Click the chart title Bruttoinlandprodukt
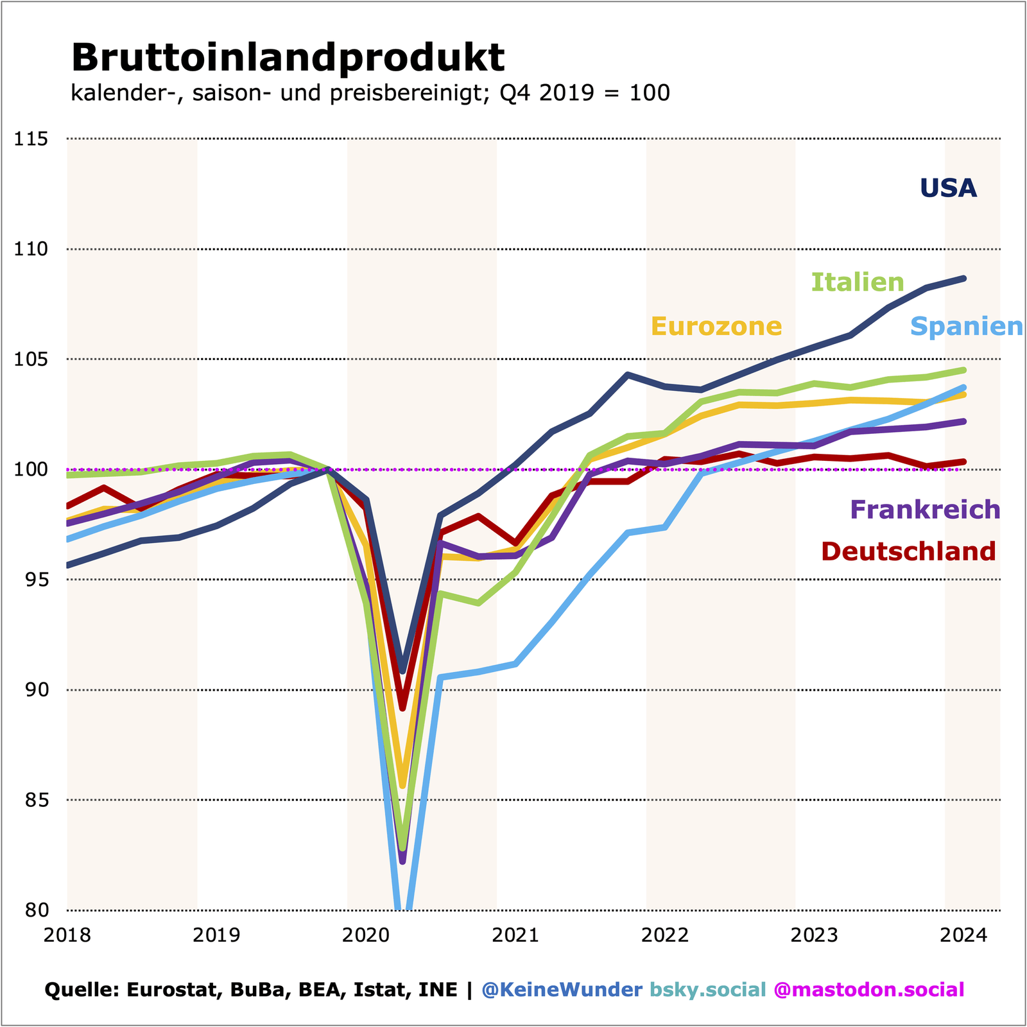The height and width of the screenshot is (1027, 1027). (288, 58)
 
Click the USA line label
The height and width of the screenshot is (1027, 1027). (948, 188)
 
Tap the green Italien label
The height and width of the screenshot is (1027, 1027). (858, 282)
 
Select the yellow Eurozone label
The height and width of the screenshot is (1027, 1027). (716, 327)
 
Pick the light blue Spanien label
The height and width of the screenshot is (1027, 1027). (966, 327)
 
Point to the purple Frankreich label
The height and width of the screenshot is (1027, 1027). (925, 510)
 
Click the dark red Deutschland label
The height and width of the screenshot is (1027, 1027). (908, 551)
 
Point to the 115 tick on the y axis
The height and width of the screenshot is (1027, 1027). (31, 139)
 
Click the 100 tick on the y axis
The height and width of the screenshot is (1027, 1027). (31, 469)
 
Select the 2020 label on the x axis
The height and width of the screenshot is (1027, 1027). (366, 935)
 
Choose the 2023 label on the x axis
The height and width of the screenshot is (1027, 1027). (814, 935)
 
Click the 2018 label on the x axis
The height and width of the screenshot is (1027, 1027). (67, 935)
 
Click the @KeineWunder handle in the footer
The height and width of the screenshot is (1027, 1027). (562, 989)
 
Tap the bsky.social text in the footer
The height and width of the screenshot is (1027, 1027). (708, 989)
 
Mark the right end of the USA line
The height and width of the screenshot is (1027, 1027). (963, 279)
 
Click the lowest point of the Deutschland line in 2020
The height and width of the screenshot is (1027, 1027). (402, 709)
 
